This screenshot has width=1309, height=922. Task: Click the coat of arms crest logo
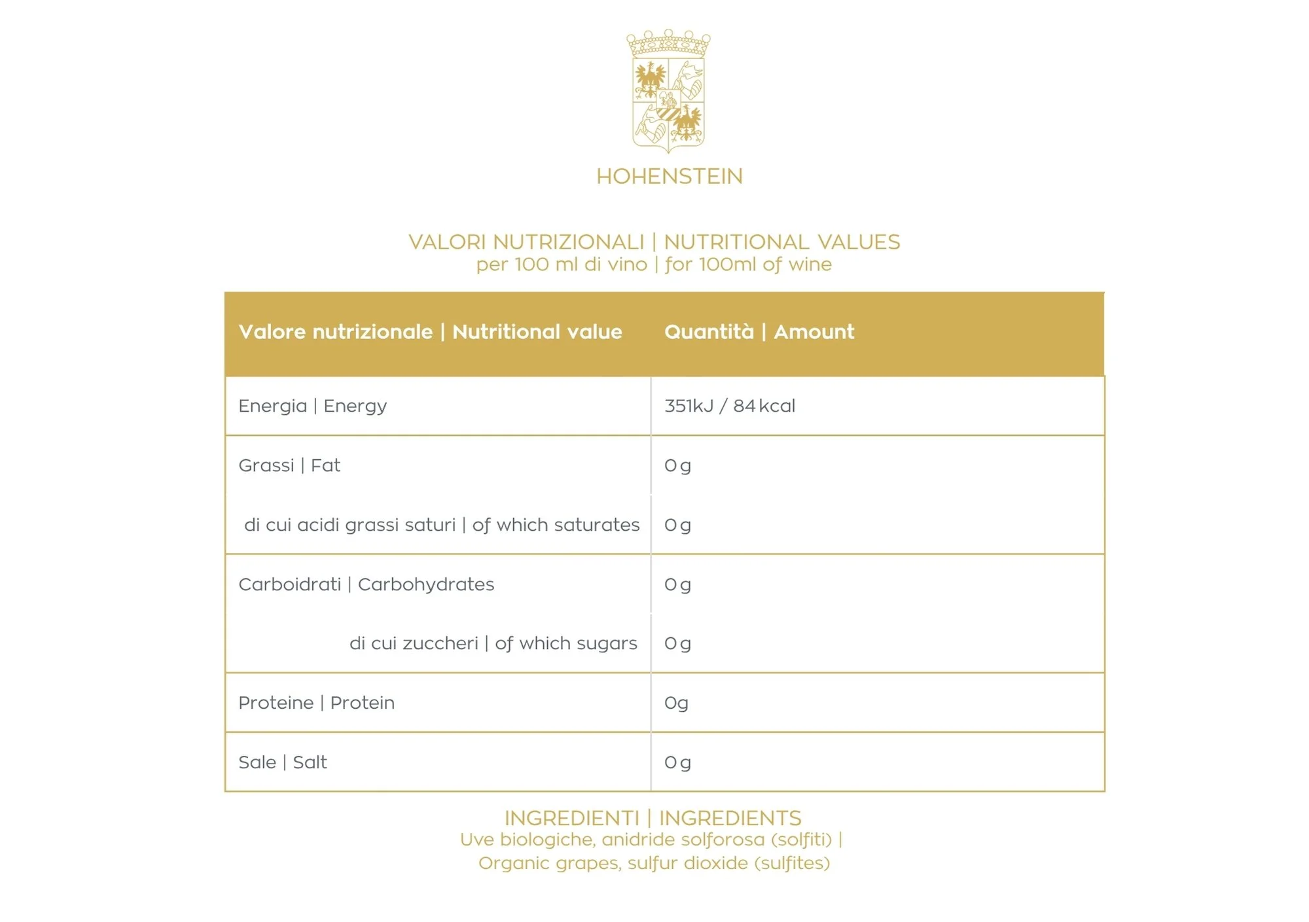tap(668, 91)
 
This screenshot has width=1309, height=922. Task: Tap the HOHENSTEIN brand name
tap(669, 177)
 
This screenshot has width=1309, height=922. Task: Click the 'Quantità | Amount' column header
tap(759, 332)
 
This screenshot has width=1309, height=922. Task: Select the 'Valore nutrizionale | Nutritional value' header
tap(430, 332)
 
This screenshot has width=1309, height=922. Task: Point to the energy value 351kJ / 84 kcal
tap(729, 406)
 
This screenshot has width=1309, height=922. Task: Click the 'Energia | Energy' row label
tap(312, 406)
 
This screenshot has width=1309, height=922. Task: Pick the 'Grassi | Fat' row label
tap(289, 465)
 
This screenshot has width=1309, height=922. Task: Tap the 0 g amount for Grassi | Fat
tap(677, 466)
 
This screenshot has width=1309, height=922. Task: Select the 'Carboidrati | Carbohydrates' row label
tap(366, 584)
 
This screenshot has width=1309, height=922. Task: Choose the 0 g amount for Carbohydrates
tap(677, 584)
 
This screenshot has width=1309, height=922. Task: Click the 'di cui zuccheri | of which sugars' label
tap(493, 643)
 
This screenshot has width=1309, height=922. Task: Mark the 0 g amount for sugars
tap(677, 644)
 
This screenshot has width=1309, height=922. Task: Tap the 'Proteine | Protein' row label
tap(316, 703)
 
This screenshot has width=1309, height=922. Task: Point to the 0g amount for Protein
tap(676, 703)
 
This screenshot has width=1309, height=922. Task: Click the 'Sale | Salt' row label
tap(282, 762)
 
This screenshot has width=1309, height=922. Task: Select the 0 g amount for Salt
tap(677, 762)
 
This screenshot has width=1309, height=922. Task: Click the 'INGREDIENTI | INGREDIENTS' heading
tap(653, 818)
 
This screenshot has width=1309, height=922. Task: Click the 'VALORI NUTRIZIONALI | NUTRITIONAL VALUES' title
tap(654, 242)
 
